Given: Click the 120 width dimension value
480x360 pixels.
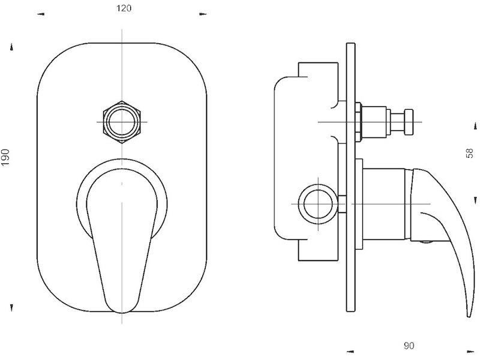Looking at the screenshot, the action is tap(124, 8).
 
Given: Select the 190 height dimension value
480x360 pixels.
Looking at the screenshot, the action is tap(6, 157).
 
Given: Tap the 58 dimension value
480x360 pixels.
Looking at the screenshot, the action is tap(469, 153).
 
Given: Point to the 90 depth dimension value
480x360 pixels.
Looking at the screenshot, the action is tap(409, 346).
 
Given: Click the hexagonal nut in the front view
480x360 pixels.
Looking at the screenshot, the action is tap(122, 122).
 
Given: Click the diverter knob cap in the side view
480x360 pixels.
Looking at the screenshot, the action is tap(409, 122).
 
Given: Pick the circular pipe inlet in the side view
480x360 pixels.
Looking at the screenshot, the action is tap(318, 204).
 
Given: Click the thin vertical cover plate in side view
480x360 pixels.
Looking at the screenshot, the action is tap(351, 177).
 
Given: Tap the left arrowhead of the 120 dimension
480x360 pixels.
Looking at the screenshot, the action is tap(41, 14).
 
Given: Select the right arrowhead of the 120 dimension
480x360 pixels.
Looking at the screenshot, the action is tap(203, 14).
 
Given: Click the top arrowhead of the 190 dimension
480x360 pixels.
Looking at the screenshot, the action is tap(11, 47).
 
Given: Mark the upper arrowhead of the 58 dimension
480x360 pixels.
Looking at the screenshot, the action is tap(475, 125).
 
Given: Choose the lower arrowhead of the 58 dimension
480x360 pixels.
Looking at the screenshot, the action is tap(475, 200).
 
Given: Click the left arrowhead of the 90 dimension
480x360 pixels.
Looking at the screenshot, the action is tap(350, 352).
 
